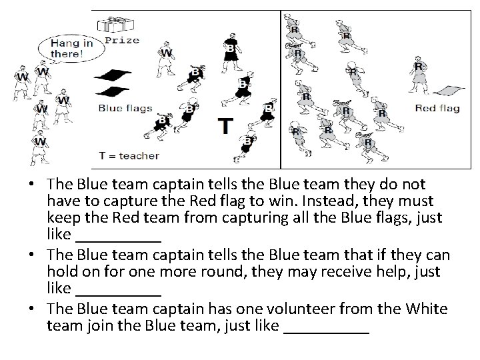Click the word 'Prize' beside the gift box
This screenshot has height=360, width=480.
click(x=122, y=40)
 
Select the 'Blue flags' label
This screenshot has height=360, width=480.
click(x=125, y=109)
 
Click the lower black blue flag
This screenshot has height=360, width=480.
click(x=111, y=91)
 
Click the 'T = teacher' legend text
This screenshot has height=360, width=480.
click(x=129, y=156)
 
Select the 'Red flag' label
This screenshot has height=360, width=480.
click(x=437, y=109)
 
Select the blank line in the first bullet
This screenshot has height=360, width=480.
click(x=119, y=236)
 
